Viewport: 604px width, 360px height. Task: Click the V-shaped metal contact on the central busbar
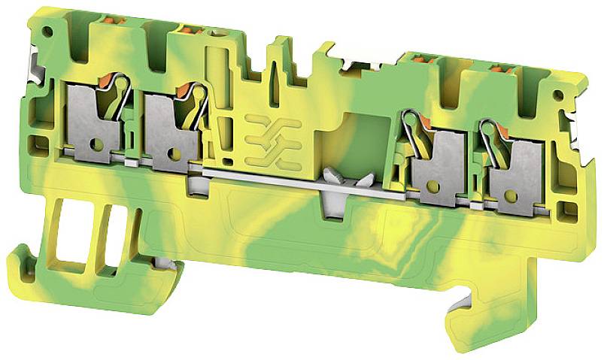(344, 180)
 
